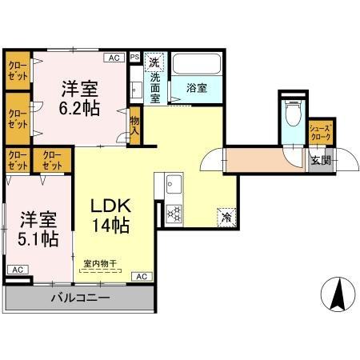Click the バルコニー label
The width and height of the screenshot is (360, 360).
coord(81,298)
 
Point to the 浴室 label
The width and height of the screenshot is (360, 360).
coord(197,89)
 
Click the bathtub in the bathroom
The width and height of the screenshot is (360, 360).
coord(198,64)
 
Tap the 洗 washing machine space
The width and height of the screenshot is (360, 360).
coord(155,61)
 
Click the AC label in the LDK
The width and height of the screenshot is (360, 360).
coord(141,276)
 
